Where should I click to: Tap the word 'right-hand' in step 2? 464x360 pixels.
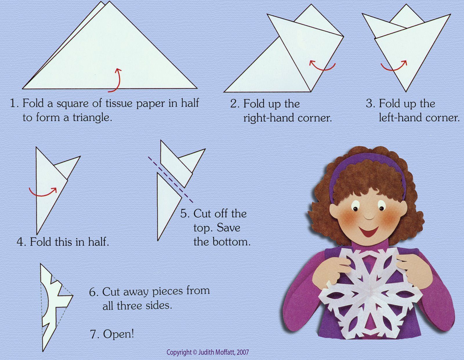(x=269, y=118)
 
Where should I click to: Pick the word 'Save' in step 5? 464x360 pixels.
(x=229, y=228)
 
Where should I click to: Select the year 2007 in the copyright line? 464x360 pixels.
(x=243, y=352)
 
